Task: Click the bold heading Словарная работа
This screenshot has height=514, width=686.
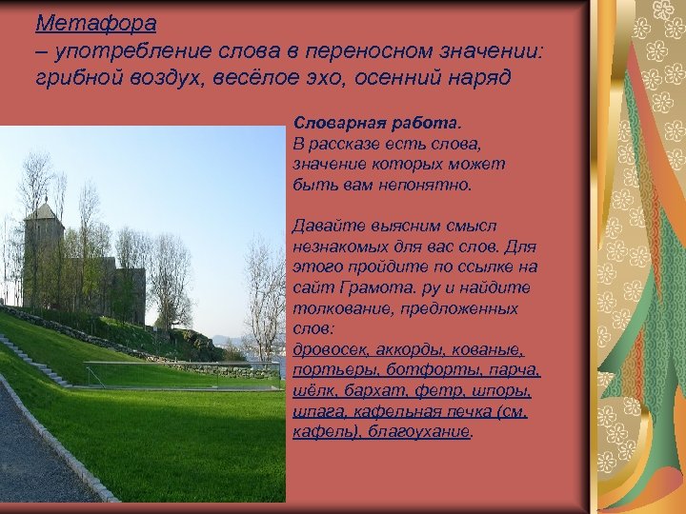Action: [375, 124]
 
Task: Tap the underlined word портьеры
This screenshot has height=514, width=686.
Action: [329, 370]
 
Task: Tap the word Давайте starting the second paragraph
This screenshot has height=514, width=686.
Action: [327, 227]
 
